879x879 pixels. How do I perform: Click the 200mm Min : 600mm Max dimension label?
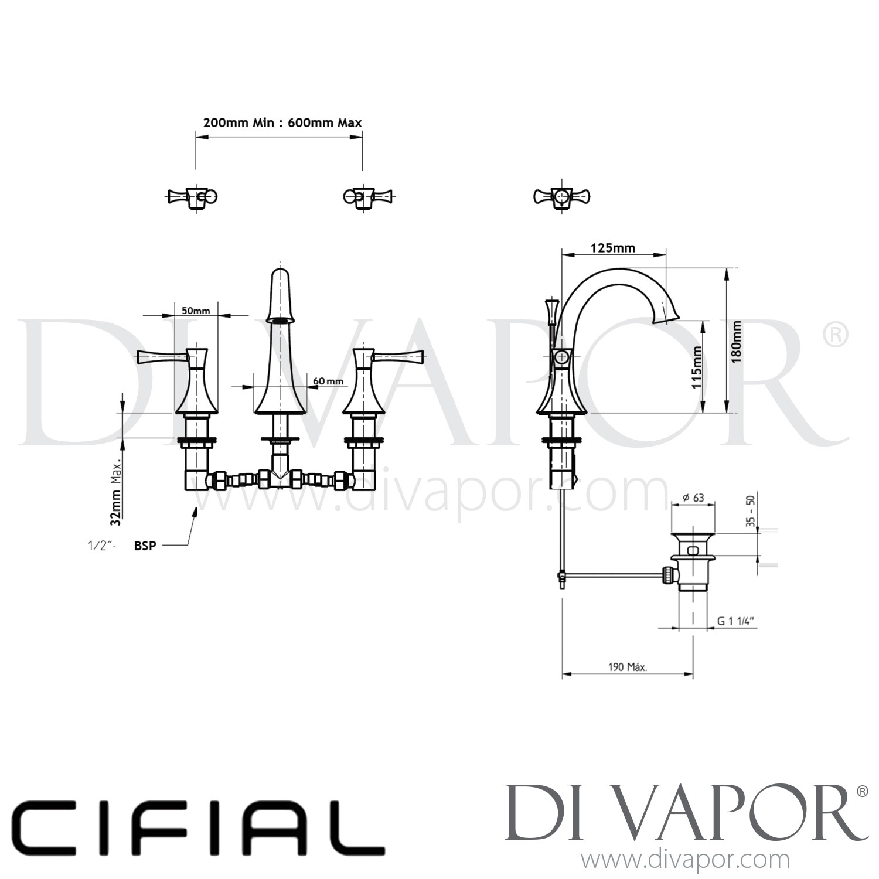(282, 123)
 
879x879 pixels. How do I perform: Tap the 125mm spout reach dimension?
(612, 248)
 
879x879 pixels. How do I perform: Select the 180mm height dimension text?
(737, 341)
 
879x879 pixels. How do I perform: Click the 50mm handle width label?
(196, 311)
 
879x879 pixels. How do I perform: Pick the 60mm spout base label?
(328, 381)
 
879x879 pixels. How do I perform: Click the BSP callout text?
(145, 546)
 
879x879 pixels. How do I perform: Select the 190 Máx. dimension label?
(628, 667)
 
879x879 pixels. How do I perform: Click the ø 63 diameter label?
(693, 498)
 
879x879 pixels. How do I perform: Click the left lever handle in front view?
(161, 356)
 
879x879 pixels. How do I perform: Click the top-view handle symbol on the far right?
(561, 196)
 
